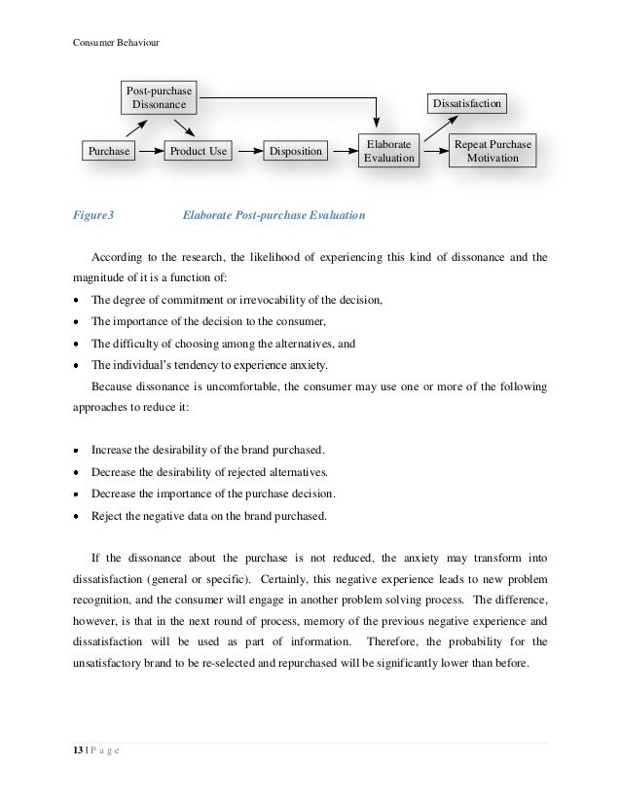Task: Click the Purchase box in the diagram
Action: tap(108, 152)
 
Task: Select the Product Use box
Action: tap(199, 152)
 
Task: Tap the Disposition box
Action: tap(295, 152)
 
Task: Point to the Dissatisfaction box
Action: tap(466, 102)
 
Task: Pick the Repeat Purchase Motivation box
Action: tap(493, 151)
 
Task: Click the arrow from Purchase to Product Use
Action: tap(149, 152)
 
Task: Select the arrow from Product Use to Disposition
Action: tap(249, 152)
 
